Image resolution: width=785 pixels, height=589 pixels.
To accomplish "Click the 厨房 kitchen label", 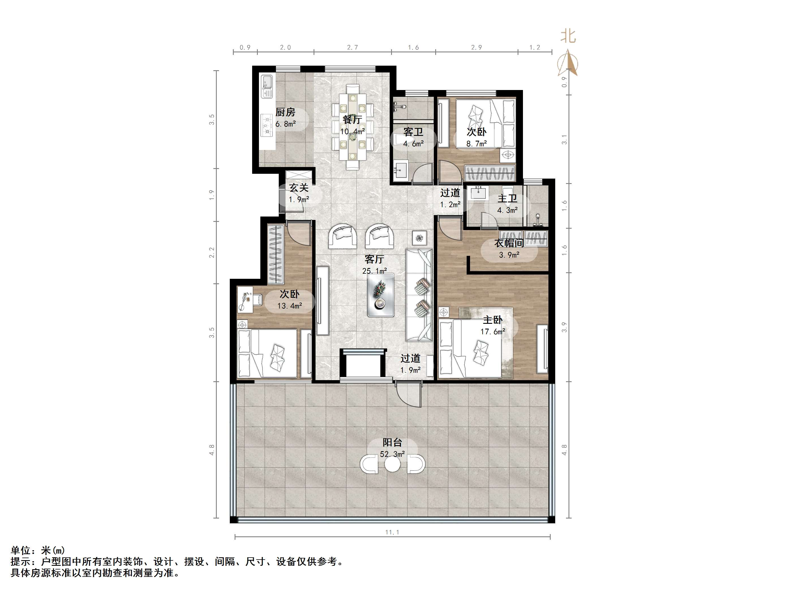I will coord(285,113).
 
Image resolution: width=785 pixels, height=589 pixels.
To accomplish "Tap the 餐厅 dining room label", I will coord(352,120).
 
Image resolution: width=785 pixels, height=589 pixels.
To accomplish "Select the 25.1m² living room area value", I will coord(374,271).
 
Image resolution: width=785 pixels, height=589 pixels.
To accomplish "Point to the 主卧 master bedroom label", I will coord(493,320).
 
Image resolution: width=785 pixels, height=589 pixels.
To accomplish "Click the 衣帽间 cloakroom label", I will coord(509,243).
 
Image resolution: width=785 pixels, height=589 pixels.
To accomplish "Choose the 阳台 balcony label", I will coord(392,442).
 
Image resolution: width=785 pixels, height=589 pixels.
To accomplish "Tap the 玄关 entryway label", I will coord(299,188).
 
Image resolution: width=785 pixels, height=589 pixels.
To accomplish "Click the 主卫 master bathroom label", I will coord(507,198).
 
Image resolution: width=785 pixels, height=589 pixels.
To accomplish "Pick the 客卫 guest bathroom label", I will coord(413,132).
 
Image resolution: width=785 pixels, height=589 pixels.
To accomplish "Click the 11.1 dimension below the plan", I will coord(392,532).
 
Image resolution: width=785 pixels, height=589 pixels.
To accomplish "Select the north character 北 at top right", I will coord(568,36).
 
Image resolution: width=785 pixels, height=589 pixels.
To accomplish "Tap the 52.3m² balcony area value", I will coord(392,454).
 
